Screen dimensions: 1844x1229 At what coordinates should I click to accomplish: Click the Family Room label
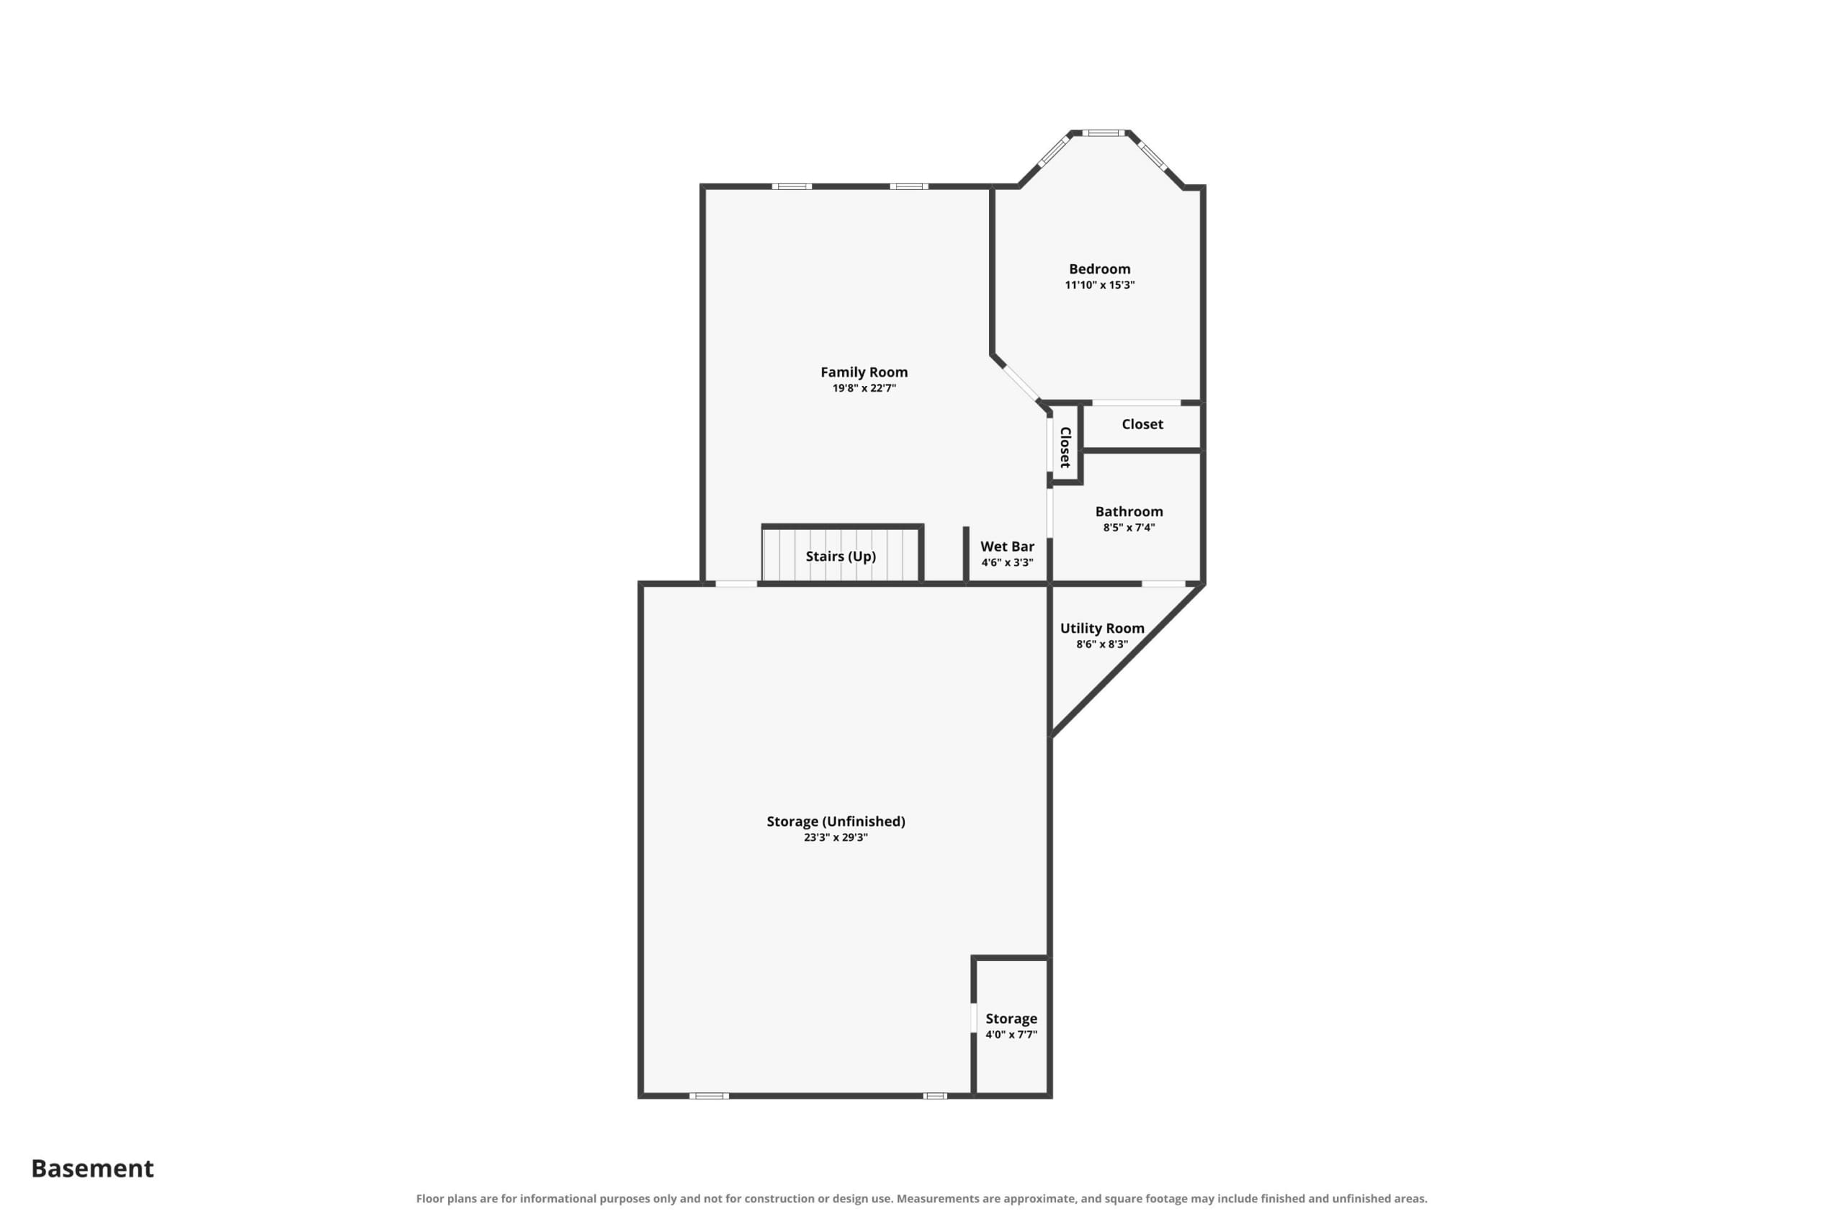tap(864, 372)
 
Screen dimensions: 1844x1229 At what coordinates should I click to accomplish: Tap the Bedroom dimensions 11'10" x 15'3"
tap(1099, 285)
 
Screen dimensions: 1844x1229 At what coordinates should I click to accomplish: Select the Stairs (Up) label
tap(841, 557)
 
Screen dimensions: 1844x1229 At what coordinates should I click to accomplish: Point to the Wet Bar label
tap(1008, 546)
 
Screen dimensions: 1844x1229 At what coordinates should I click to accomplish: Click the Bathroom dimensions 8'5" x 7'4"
tap(1129, 528)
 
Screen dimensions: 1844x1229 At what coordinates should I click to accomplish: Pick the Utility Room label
tap(1102, 629)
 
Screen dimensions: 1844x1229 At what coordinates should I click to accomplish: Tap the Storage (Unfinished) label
tap(836, 821)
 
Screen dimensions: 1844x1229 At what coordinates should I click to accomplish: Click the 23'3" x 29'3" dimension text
tap(836, 838)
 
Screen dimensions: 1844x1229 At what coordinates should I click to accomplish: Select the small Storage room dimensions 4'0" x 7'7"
tap(1011, 1035)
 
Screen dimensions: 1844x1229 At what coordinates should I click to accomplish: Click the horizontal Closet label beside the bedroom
tap(1142, 424)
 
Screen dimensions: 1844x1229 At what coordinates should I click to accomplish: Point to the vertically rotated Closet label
tap(1065, 448)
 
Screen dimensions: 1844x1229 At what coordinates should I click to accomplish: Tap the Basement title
tap(92, 1168)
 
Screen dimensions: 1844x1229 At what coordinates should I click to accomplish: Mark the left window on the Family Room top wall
tap(792, 186)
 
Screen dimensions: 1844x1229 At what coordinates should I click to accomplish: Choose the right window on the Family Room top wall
tap(908, 186)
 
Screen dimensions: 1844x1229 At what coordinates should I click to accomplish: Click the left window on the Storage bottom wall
tap(709, 1096)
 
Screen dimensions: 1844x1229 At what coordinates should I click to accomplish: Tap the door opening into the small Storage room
tap(974, 1018)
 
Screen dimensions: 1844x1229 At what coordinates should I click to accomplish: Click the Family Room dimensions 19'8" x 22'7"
tap(864, 389)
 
